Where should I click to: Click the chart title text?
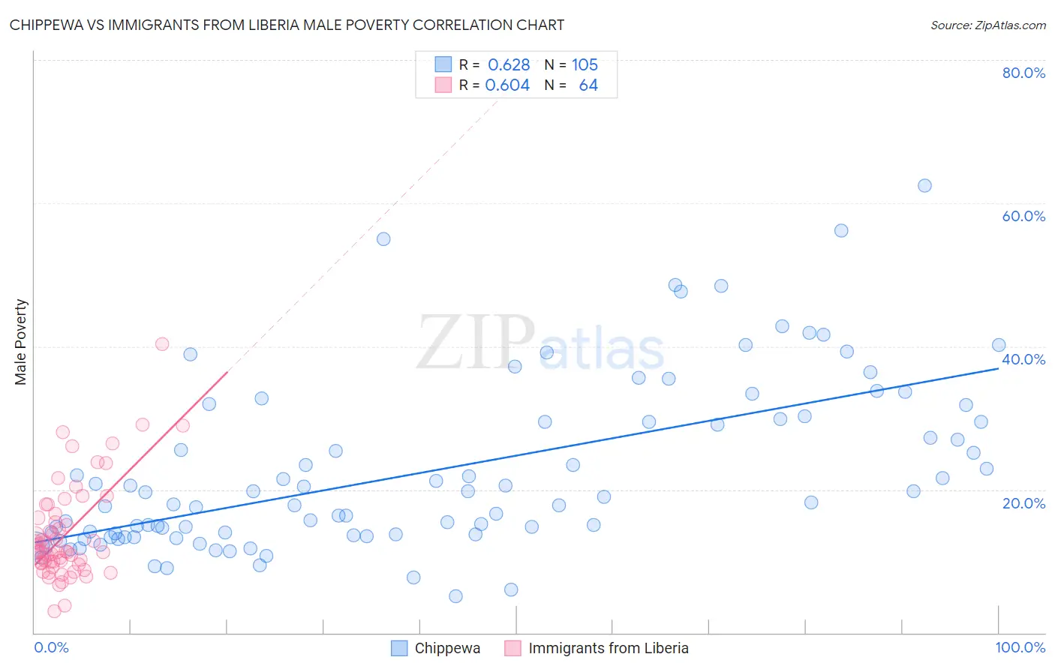pyautogui.click(x=287, y=25)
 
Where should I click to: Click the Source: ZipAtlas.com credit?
pyautogui.click(x=987, y=25)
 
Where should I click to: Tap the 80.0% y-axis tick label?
pyautogui.click(x=1023, y=73)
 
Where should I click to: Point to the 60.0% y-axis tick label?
pyautogui.click(x=1023, y=216)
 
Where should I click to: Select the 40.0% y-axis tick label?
pyautogui.click(x=1023, y=359)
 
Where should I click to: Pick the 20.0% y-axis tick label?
pyautogui.click(x=1023, y=503)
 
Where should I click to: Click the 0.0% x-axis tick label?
pyautogui.click(x=51, y=647)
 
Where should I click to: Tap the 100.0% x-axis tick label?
pyautogui.click(x=1020, y=647)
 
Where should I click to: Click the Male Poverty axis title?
pyautogui.click(x=20, y=342)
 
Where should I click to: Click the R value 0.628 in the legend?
pyautogui.click(x=509, y=64)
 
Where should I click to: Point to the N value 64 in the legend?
pyautogui.click(x=588, y=85)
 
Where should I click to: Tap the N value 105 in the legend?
pyautogui.click(x=585, y=64)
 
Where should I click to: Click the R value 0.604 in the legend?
pyautogui.click(x=507, y=85)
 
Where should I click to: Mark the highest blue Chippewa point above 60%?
pyautogui.click(x=924, y=185)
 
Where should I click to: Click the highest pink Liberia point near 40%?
pyautogui.click(x=162, y=344)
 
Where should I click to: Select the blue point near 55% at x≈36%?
pyautogui.click(x=383, y=239)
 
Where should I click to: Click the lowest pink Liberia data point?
pyautogui.click(x=54, y=611)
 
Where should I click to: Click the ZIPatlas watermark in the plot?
pyautogui.click(x=540, y=343)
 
